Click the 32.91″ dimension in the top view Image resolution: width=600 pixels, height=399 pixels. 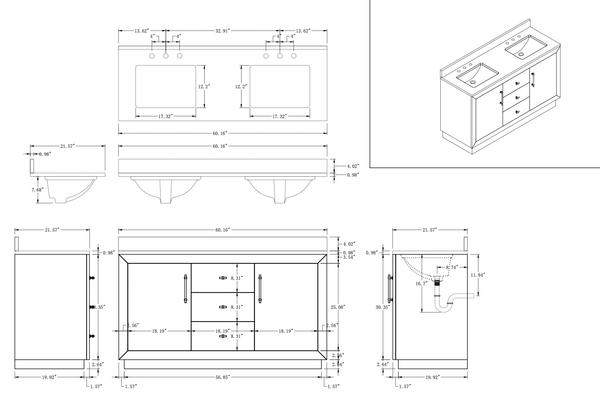pos(222,31)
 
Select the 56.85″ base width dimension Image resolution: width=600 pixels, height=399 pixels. pos(222,377)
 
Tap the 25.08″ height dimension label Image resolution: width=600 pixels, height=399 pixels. pos(338,307)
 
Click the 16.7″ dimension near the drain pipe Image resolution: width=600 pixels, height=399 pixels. pos(422,283)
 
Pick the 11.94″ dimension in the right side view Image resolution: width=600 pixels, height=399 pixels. pos(478,275)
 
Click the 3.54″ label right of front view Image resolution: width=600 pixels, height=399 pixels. pos(349,257)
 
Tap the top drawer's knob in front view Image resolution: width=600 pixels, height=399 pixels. pos(223,278)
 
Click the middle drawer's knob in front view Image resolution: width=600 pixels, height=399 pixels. pos(223,307)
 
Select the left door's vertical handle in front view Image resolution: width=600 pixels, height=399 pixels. pos(186,289)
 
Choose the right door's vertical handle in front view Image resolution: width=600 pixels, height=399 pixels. pos(260,289)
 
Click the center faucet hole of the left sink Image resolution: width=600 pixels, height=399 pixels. pos(166,56)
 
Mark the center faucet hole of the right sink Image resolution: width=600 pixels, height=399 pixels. pos(280,56)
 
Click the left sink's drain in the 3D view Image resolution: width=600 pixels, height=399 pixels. pos(473,82)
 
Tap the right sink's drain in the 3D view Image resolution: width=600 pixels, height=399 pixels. pos(521,54)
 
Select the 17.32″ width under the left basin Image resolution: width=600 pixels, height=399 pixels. pos(166,116)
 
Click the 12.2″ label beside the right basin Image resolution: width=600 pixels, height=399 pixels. pos(241,87)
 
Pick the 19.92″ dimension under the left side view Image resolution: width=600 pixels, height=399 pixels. pos(49,377)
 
